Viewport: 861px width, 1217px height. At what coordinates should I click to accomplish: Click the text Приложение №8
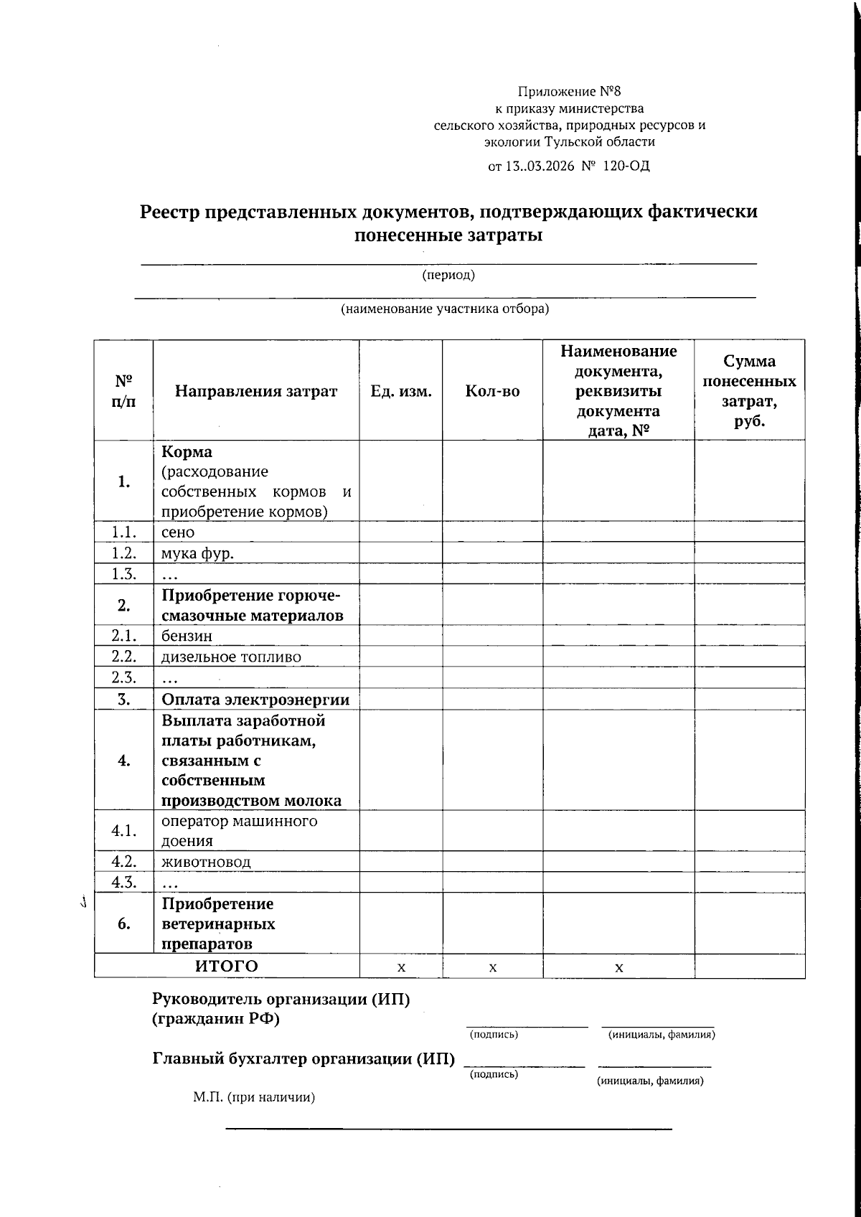pos(569,91)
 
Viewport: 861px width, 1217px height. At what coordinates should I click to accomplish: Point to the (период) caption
pos(448,275)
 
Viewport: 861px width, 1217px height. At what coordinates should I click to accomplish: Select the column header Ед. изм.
pos(400,391)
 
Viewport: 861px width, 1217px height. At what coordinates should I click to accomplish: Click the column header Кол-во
pos(492,391)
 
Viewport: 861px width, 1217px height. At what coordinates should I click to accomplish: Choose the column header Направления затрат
pos(256,391)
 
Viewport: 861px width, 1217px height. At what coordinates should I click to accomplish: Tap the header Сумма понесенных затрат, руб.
pos(749,391)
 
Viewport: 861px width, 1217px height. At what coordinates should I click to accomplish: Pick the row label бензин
pos(187,636)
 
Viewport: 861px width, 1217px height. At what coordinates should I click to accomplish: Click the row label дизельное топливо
pos(231,657)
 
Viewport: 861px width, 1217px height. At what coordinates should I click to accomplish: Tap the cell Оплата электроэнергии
pos(255,699)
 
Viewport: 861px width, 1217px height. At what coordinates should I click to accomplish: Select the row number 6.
pos(123,924)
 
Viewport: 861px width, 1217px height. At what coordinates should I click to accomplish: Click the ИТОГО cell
pos(227,966)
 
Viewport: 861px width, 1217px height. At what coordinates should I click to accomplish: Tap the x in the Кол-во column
pos(493,967)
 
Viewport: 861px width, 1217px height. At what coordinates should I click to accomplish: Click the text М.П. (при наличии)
pos(254,1097)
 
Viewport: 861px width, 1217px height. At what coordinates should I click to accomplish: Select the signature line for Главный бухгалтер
pos(524,1064)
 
